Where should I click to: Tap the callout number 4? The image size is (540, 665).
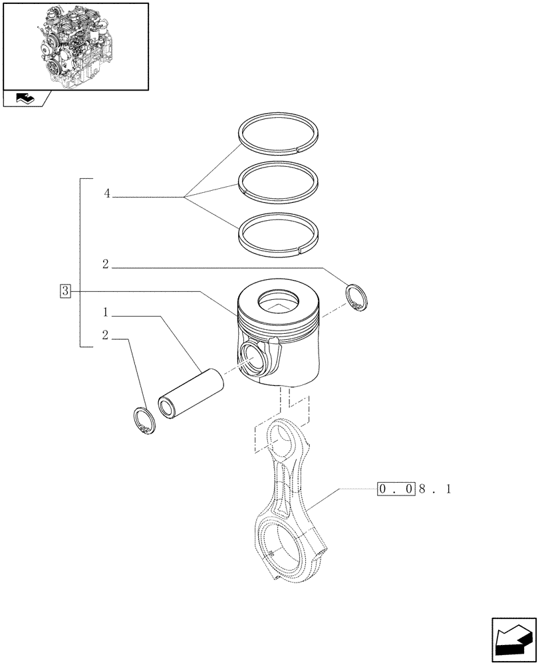click(x=106, y=194)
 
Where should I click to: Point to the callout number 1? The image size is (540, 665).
click(x=106, y=312)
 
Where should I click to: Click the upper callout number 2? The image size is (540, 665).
click(x=106, y=265)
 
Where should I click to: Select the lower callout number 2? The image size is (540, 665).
click(x=106, y=335)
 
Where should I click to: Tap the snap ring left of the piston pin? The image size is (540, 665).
click(x=143, y=421)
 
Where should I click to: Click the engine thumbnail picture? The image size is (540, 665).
click(x=75, y=46)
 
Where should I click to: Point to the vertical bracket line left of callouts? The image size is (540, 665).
click(x=80, y=263)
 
